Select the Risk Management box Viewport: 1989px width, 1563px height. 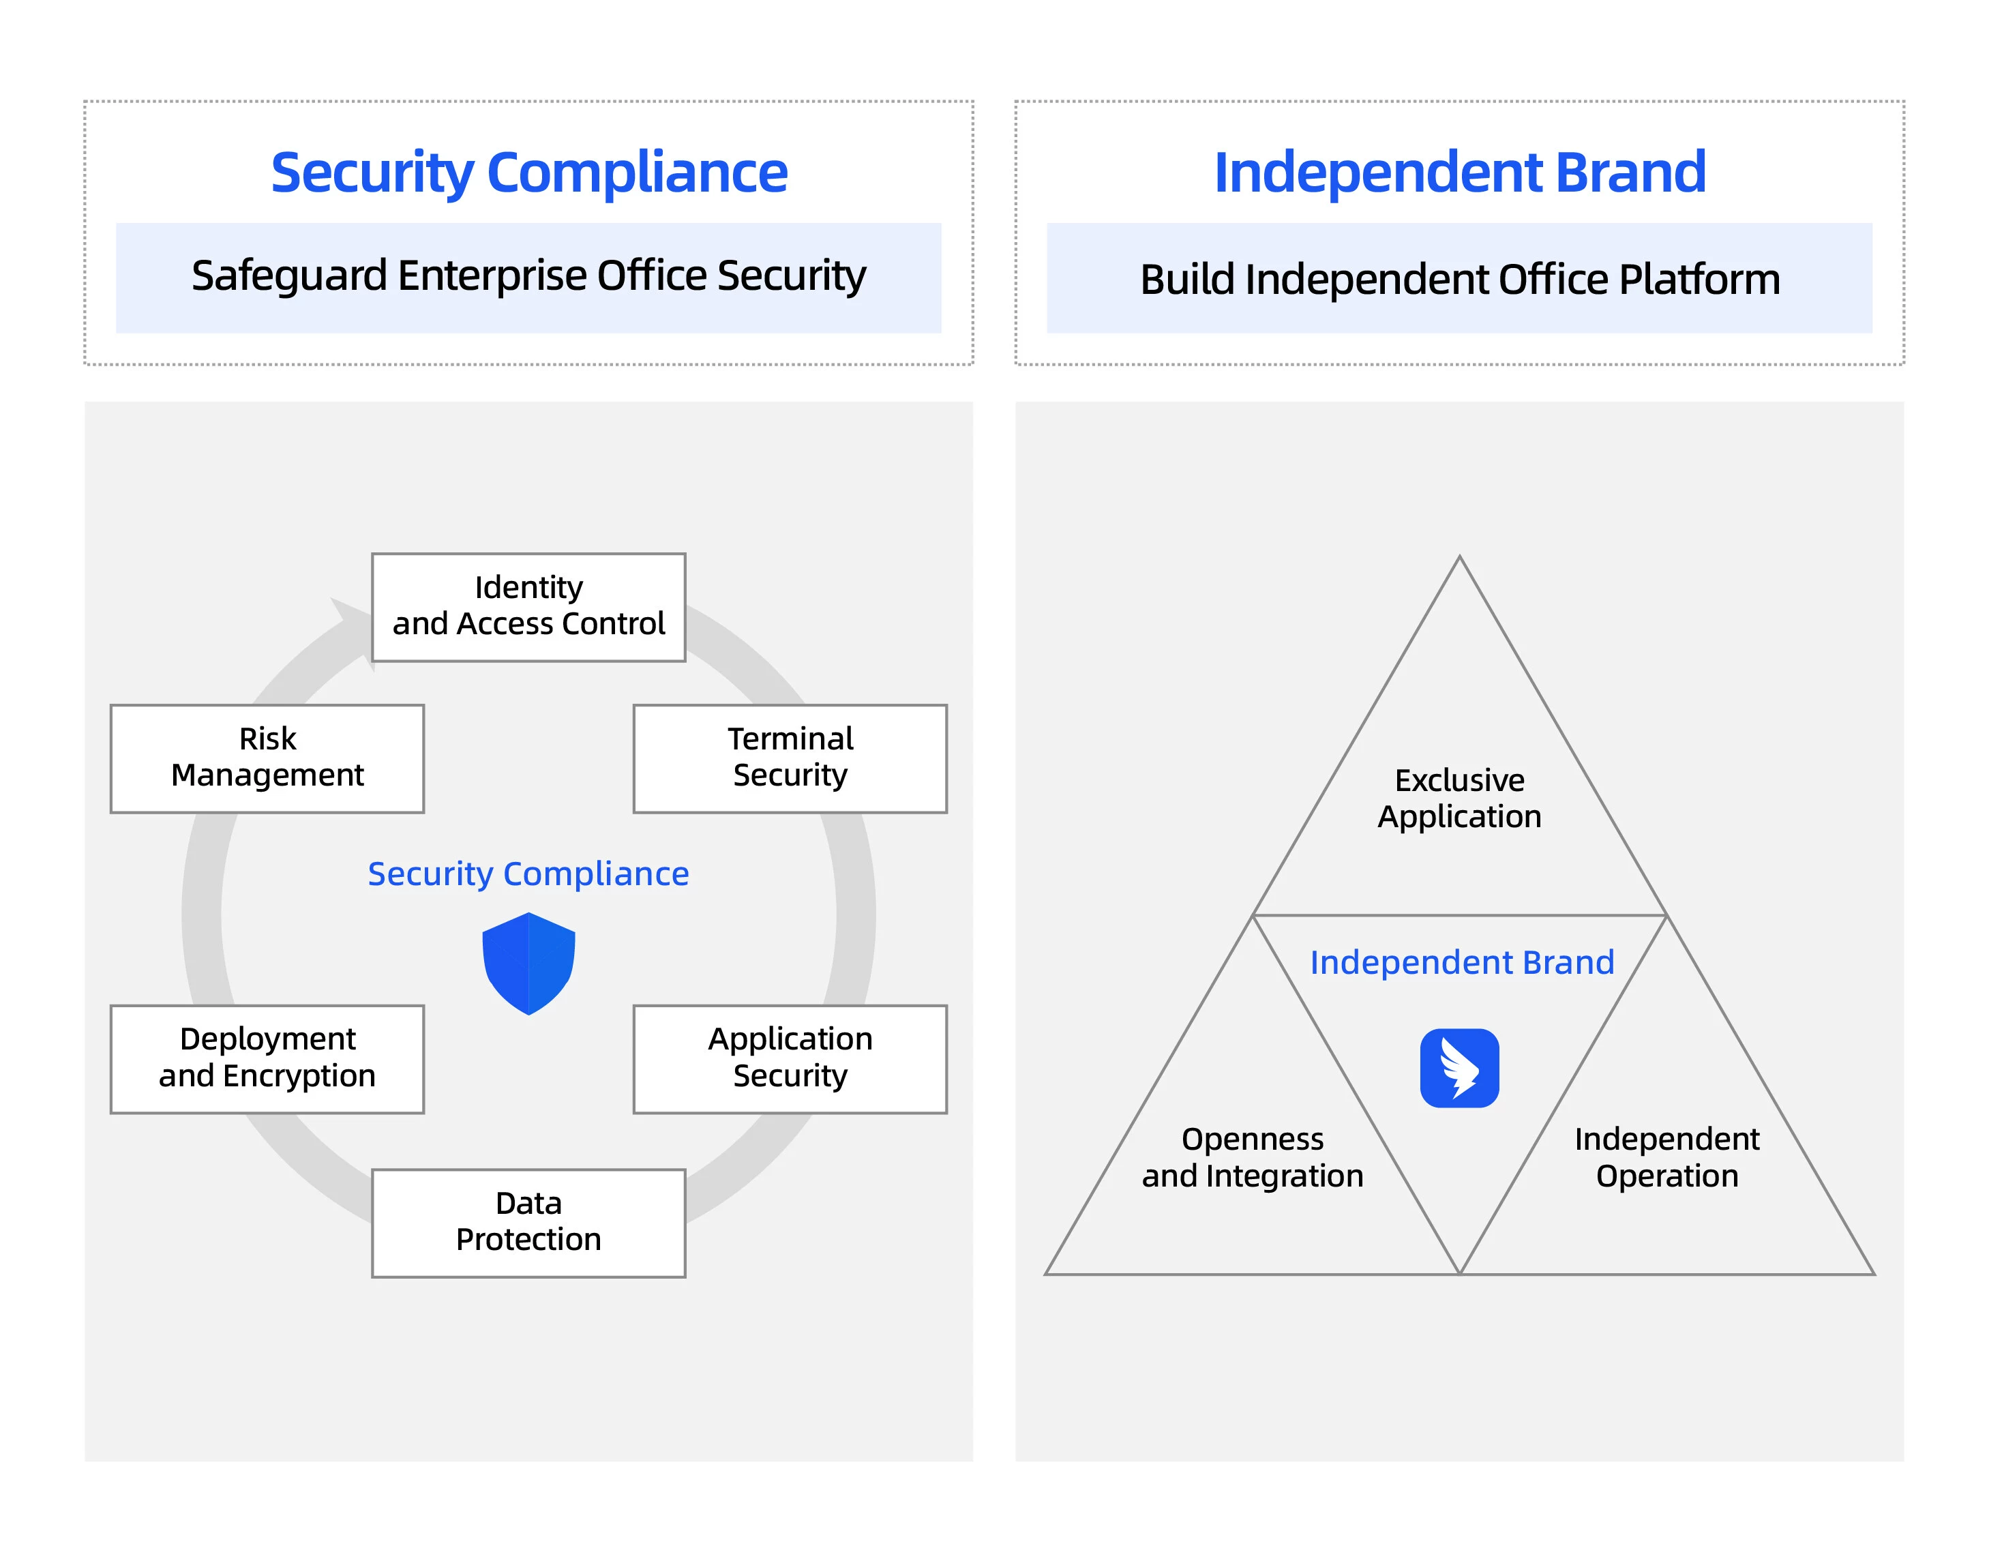point(267,758)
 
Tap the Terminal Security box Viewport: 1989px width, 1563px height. point(790,758)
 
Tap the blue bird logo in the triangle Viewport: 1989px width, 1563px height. point(1459,1067)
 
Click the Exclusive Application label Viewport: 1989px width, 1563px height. point(1459,798)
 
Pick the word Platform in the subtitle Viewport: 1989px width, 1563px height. point(1699,279)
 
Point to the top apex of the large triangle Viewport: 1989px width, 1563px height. point(1459,559)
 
